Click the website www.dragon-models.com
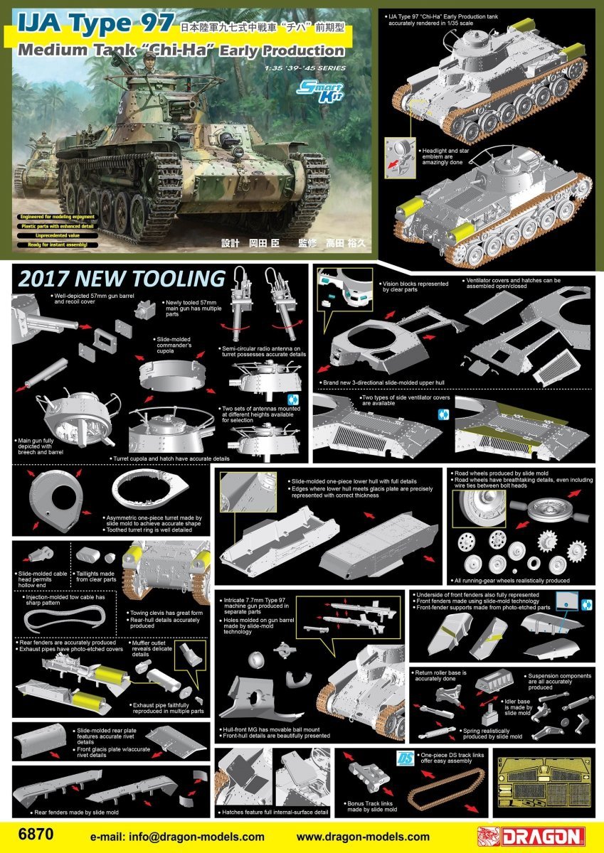[x=362, y=837]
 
